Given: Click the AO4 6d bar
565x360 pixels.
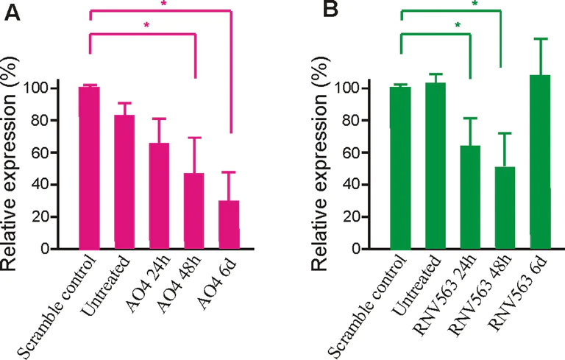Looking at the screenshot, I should pos(230,225).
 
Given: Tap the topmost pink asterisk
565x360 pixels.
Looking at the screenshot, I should pos(163,4).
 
